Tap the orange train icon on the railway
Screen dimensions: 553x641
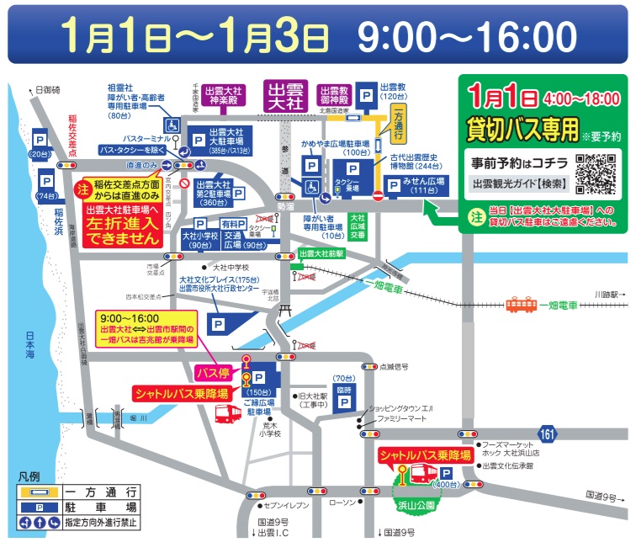pyautogui.click(x=522, y=305)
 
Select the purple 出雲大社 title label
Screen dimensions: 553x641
pyautogui.click(x=286, y=93)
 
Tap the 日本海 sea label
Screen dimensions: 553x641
pyautogui.click(x=30, y=345)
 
